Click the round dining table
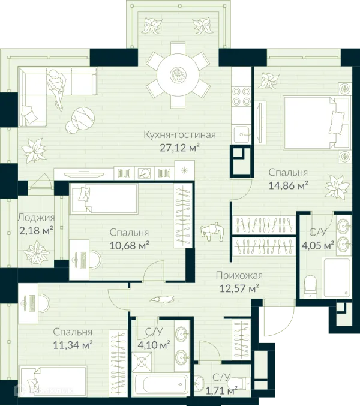coord(178,75)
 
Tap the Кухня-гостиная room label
coord(180,135)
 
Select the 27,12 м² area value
coord(180,148)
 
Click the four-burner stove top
coord(241,96)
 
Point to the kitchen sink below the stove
coord(242,134)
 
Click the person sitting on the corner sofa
coord(56,89)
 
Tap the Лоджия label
coord(36,218)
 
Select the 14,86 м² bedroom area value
coord(288,185)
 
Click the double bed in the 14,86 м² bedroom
coord(316,123)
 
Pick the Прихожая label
coord(239,275)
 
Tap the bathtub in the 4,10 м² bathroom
coord(161,384)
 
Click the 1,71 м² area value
coord(221,390)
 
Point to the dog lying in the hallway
coord(161,299)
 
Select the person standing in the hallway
coord(212,231)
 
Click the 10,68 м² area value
coord(129,245)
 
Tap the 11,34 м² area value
coord(73,345)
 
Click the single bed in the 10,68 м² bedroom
coord(104,199)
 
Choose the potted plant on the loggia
coord(36,252)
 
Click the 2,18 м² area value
coord(36,230)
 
